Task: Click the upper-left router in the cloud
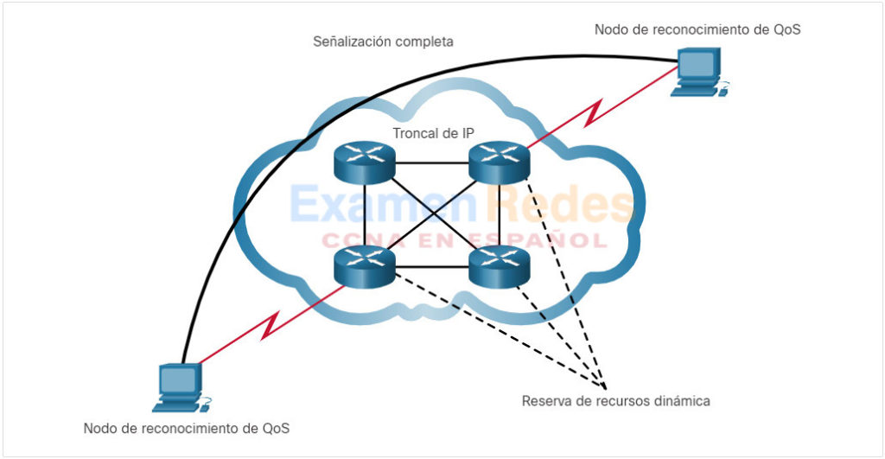(x=364, y=163)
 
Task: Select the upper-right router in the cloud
(x=498, y=163)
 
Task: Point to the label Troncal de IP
(x=433, y=132)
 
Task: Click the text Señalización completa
(x=383, y=41)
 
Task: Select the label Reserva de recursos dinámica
(x=616, y=401)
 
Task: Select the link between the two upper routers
(x=431, y=163)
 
